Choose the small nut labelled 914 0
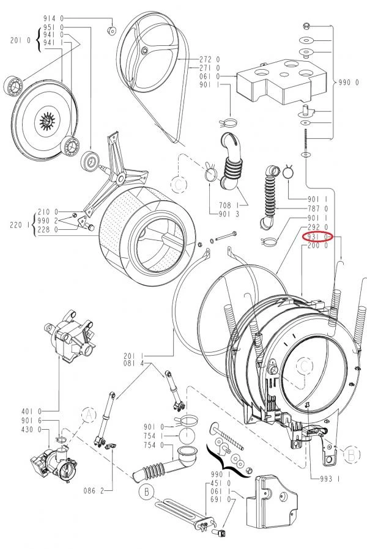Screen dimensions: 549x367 [111, 31]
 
